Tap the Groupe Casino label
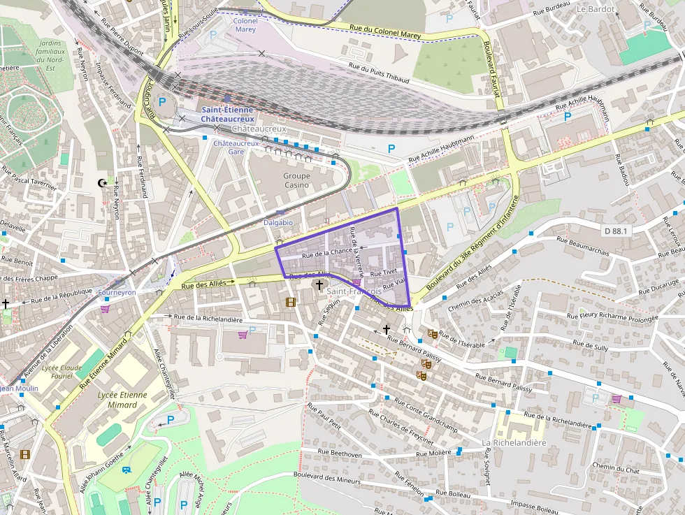(x=296, y=180)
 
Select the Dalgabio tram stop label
(x=278, y=222)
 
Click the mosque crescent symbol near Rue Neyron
(x=103, y=183)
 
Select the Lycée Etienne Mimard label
(x=123, y=400)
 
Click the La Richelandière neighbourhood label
(x=514, y=443)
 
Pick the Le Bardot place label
(x=596, y=9)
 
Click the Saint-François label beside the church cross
(x=354, y=291)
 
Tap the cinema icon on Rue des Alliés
(x=291, y=302)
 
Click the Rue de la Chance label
(x=327, y=253)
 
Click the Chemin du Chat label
(x=615, y=467)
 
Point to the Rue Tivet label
(x=384, y=273)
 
